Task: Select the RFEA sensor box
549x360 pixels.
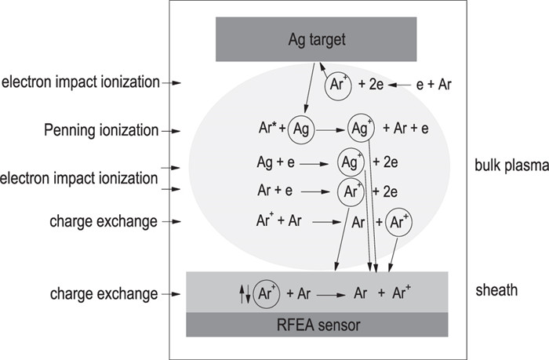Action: click(x=317, y=324)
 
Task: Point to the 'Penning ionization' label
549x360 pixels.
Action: click(x=101, y=129)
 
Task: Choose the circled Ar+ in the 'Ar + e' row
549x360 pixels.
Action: click(x=351, y=190)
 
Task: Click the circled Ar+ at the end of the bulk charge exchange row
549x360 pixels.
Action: click(x=400, y=222)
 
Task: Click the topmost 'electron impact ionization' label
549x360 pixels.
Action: click(x=82, y=81)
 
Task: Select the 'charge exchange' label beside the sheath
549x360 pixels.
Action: click(x=104, y=294)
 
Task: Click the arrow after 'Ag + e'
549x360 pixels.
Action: click(x=313, y=164)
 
